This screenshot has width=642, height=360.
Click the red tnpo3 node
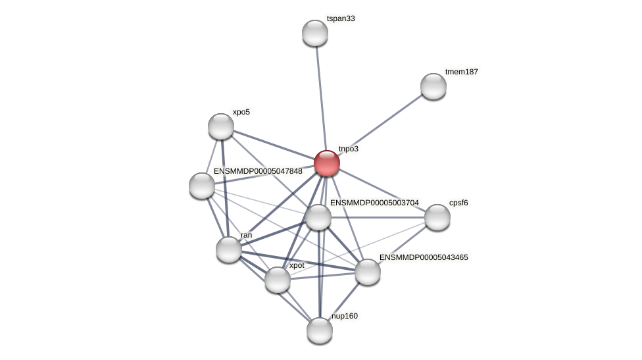click(327, 163)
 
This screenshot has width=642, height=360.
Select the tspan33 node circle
click(315, 33)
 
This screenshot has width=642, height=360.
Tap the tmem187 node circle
click(433, 86)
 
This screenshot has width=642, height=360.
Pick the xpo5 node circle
click(221, 126)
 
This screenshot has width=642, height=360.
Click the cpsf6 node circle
click(437, 217)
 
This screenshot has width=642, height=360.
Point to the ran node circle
click(229, 249)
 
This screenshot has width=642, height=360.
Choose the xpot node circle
click(278, 280)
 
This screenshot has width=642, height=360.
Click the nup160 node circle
click(320, 330)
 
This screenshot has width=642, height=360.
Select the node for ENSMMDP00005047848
click(202, 186)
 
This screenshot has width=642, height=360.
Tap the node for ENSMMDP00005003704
click(318, 217)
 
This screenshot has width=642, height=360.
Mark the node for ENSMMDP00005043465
click(368, 272)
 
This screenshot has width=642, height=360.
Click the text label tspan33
click(341, 19)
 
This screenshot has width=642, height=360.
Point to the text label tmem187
click(462, 72)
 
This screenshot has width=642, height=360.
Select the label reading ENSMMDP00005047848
click(258, 171)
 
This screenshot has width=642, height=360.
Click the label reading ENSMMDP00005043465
click(424, 257)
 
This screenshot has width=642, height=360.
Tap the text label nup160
click(345, 316)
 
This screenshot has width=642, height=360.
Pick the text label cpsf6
click(458, 203)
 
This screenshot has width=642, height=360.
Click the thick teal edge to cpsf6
click(378, 217)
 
